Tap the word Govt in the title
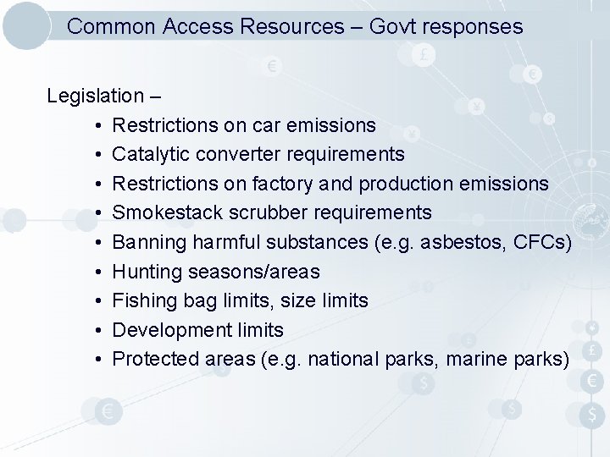click(391, 27)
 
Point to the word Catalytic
click(149, 154)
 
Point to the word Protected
click(156, 359)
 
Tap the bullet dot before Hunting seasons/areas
click(99, 272)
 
